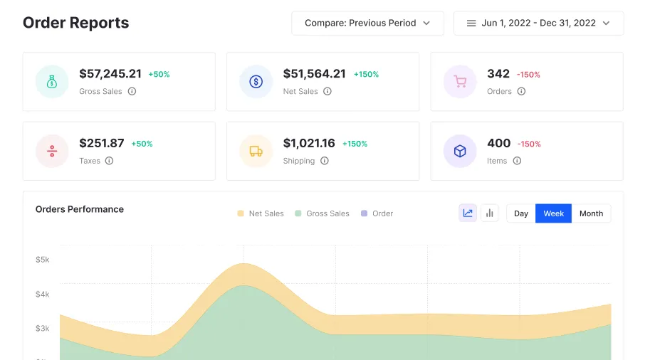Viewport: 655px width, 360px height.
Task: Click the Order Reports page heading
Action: click(x=75, y=23)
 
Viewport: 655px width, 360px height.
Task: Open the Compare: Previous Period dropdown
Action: click(x=367, y=23)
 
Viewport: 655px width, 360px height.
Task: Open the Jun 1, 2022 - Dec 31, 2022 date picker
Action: click(x=538, y=23)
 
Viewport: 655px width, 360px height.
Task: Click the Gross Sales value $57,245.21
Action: click(x=110, y=74)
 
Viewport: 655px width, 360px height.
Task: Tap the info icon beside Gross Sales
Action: click(x=132, y=91)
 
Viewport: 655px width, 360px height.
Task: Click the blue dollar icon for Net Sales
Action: click(x=256, y=81)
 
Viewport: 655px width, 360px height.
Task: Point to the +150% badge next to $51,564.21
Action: click(x=367, y=74)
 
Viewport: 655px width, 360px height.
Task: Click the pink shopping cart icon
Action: click(x=460, y=81)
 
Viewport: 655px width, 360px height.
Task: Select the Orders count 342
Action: click(x=498, y=74)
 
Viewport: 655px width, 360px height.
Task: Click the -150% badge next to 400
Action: click(x=529, y=144)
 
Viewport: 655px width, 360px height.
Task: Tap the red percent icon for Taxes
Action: click(x=52, y=151)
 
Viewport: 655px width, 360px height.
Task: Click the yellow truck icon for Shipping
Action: click(x=256, y=151)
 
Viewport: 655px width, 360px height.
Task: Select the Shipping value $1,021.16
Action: click(x=309, y=143)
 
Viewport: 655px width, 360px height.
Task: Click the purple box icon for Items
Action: click(x=460, y=151)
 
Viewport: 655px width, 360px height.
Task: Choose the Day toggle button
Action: click(x=521, y=213)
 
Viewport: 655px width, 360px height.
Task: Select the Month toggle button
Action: click(x=591, y=213)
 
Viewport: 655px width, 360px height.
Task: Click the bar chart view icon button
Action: click(x=490, y=213)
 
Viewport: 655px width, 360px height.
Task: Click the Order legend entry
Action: click(x=377, y=213)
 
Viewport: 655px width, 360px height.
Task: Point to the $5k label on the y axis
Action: click(x=43, y=260)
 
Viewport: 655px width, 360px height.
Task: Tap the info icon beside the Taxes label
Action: click(x=109, y=161)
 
